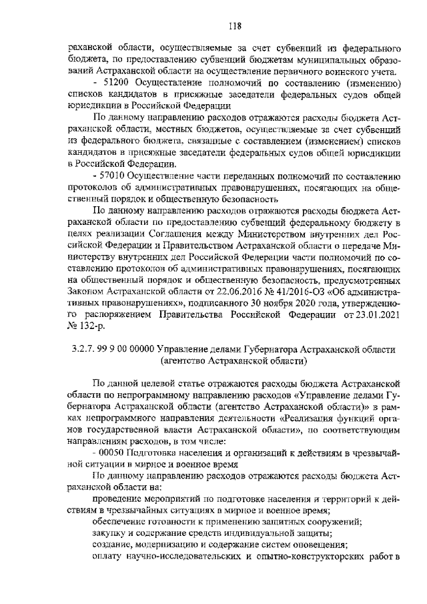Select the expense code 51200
click(117, 82)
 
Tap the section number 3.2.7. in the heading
click(85, 349)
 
